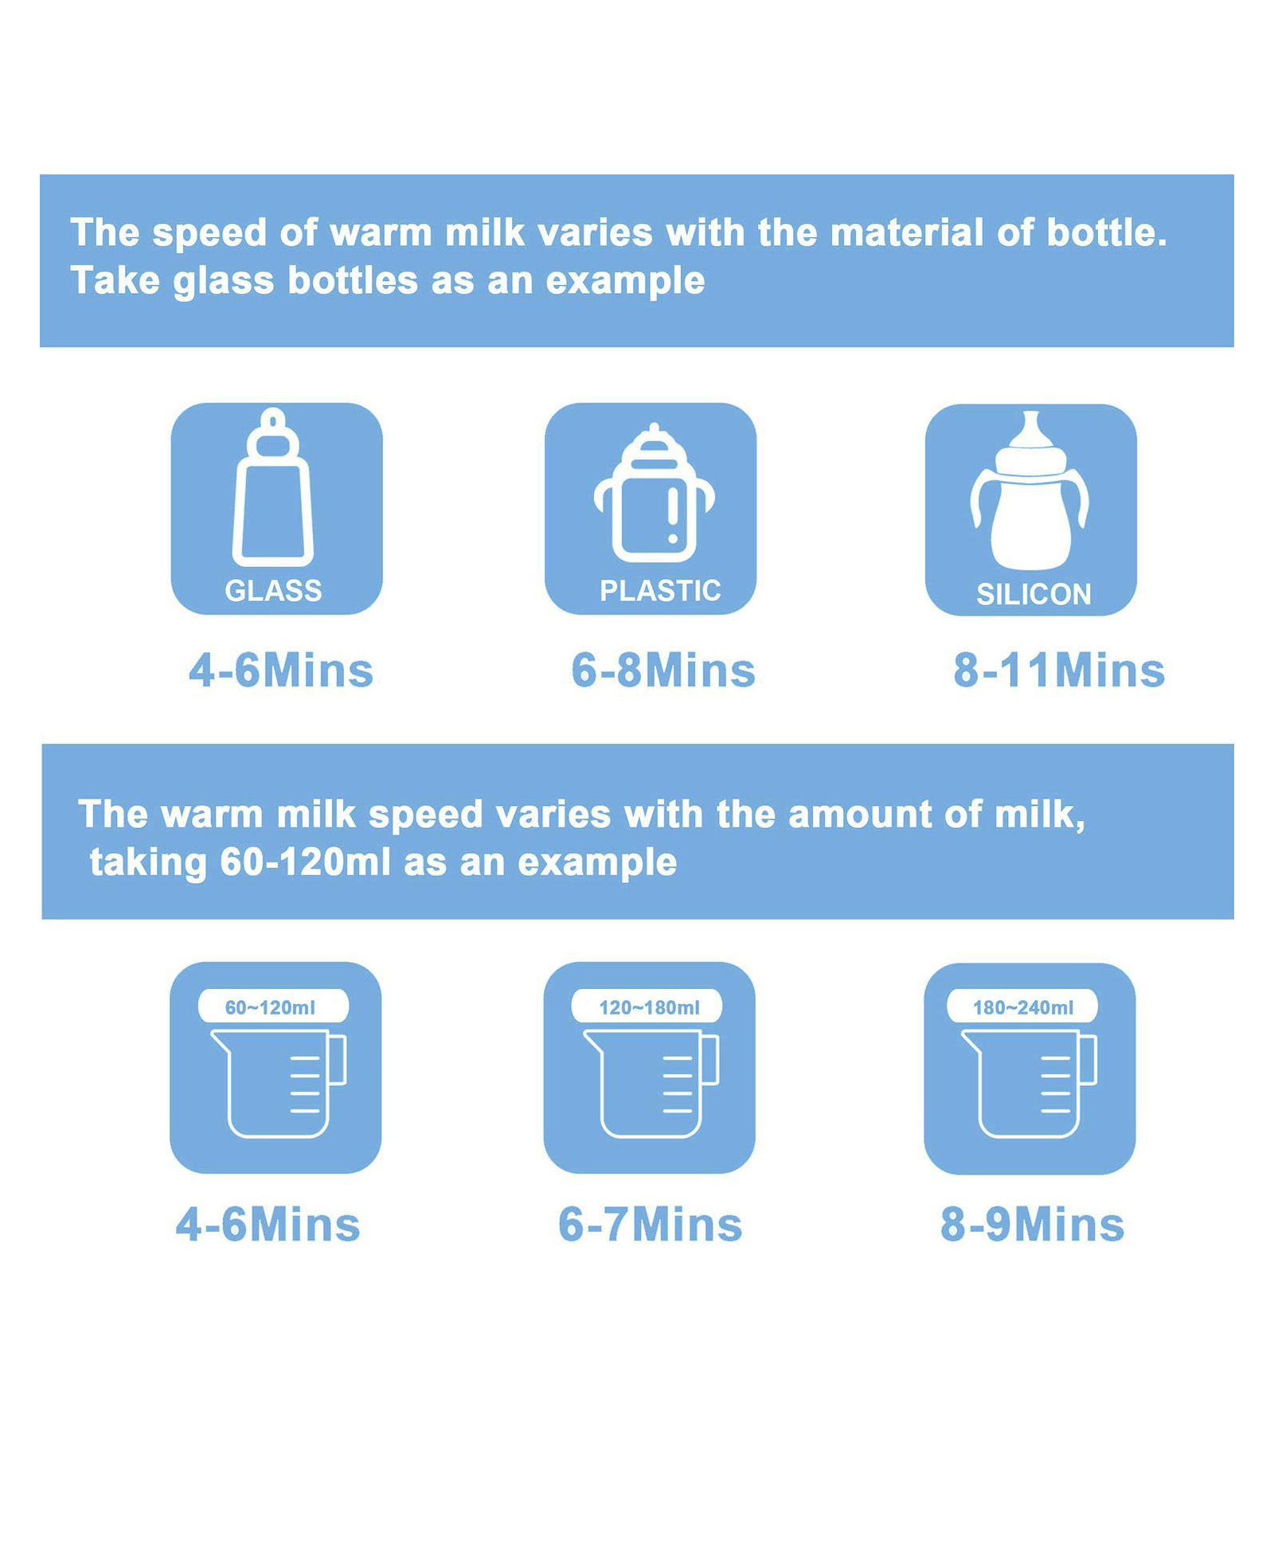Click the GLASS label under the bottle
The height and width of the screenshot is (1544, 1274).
coord(273,591)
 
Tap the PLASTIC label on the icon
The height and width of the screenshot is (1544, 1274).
coord(660,591)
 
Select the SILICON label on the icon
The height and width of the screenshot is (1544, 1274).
coord(1034,595)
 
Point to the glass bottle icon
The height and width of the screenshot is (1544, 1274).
coord(273,487)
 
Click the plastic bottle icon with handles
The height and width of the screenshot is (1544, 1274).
coord(655,492)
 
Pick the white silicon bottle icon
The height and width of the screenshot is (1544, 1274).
coord(1030,491)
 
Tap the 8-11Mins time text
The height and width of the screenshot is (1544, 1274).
coord(1059,670)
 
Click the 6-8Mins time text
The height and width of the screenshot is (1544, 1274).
coord(663,670)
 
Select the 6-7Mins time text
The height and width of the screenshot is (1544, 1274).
coord(650,1225)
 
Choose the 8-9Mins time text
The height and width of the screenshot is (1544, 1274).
coord(1032,1225)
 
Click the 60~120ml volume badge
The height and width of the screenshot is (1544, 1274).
coord(273,1006)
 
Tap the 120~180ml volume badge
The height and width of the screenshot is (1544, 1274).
coord(647,1006)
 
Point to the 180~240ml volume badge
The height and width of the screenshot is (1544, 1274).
coord(1022,1006)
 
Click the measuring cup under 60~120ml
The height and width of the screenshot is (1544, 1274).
coord(279,1084)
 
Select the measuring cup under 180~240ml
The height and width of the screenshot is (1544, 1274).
coord(1030,1084)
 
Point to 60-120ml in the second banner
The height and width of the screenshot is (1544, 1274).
coord(305,862)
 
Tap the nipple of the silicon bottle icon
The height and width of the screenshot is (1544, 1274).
coord(1031,430)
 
